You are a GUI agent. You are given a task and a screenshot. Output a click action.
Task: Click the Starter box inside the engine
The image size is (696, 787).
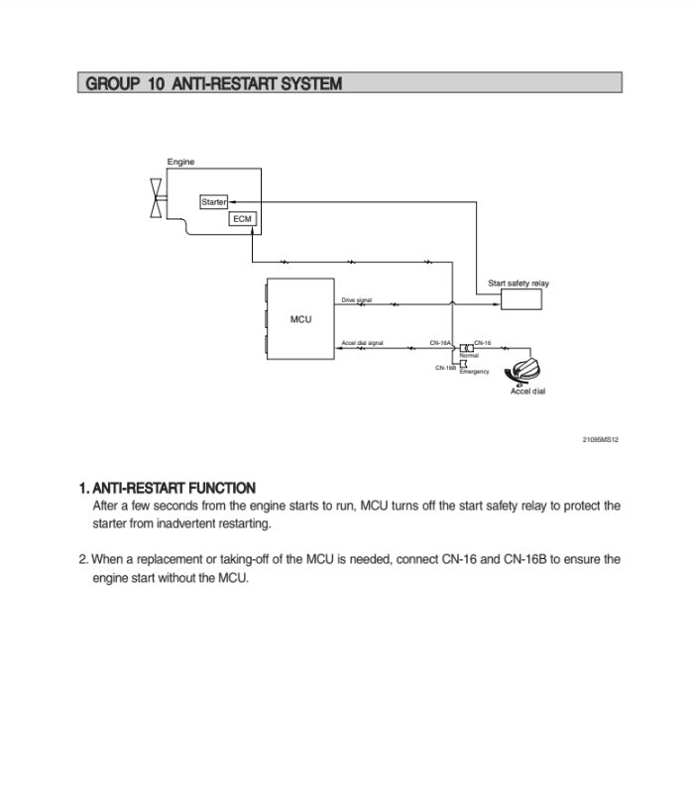[x=213, y=202]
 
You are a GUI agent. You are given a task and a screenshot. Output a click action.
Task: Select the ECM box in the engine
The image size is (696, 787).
[x=243, y=218]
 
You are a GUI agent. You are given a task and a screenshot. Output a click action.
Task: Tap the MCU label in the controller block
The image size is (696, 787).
[x=300, y=319]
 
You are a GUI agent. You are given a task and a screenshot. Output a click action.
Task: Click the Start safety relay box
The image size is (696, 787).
[x=521, y=298]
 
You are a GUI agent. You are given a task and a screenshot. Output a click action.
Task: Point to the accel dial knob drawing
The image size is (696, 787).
[x=524, y=372]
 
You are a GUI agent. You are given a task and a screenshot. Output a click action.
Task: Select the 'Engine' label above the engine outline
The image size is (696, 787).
[x=180, y=162]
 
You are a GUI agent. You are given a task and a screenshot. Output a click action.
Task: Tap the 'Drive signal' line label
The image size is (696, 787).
[x=357, y=299]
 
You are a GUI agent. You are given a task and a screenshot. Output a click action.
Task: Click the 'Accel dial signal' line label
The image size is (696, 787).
[x=362, y=343]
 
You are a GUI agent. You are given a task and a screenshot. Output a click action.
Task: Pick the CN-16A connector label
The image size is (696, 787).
[x=440, y=343]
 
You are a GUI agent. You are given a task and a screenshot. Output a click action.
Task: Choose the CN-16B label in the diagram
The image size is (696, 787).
[x=445, y=367]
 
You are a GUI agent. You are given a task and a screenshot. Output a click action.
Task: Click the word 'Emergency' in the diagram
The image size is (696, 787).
[x=474, y=372]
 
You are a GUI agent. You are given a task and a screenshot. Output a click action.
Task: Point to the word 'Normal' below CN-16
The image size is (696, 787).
[x=469, y=355]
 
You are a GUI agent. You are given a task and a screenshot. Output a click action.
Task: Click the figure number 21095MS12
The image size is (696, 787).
[x=600, y=439]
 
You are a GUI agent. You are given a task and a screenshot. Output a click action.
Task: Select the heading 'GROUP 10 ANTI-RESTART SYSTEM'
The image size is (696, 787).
[x=214, y=84]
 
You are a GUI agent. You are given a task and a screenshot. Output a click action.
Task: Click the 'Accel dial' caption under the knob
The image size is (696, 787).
[x=527, y=392]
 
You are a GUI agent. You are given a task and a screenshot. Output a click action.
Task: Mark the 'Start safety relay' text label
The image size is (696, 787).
[x=518, y=283]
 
